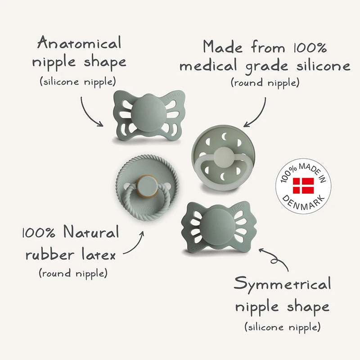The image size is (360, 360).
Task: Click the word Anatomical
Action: pyautogui.click(x=79, y=42)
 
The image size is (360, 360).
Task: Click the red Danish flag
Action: pyautogui.click(x=303, y=185)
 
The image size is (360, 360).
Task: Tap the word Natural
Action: pyautogui.click(x=91, y=232)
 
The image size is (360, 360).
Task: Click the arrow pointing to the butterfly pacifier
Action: pyautogui.click(x=90, y=113)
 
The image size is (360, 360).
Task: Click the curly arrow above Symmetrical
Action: pyautogui.click(x=275, y=259)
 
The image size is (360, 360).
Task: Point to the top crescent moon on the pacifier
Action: pyautogui.click(x=224, y=137)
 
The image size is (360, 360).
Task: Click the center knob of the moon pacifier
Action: pyautogui.click(x=223, y=157)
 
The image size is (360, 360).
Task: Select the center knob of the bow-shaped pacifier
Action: pyautogui.click(x=216, y=226)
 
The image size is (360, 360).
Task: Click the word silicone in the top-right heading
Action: pyautogui.click(x=323, y=66)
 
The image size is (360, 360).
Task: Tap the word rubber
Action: pyautogui.click(x=50, y=254)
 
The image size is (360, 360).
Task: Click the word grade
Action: pyautogui.click(x=266, y=67)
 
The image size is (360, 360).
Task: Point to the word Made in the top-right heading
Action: pyautogui.click(x=222, y=47)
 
